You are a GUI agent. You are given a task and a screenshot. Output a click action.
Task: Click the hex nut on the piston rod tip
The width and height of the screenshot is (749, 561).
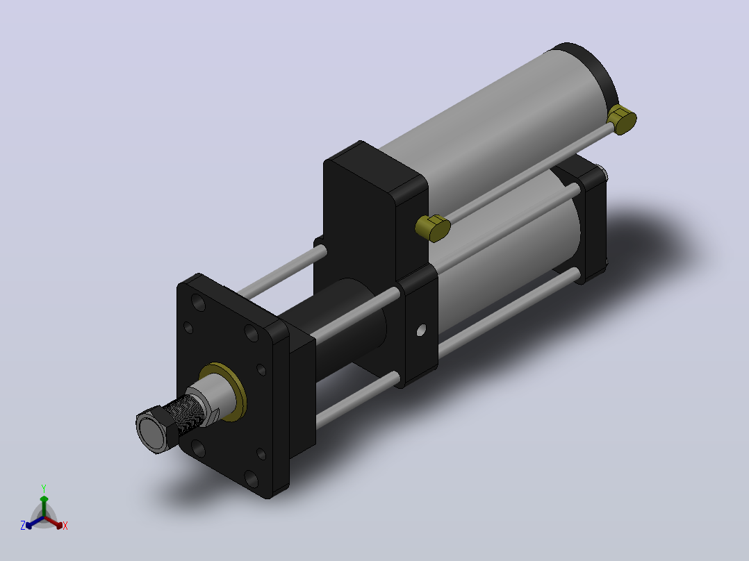coord(152,429)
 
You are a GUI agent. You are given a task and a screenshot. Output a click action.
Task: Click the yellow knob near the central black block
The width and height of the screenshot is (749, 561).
coord(433,228)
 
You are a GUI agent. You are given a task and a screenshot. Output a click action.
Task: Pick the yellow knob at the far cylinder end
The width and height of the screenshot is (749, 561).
coord(621,119)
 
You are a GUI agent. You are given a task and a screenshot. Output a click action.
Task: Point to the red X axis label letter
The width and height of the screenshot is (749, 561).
coord(65,526)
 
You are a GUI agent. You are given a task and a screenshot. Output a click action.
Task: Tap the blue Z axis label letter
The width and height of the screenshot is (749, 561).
coord(23,526)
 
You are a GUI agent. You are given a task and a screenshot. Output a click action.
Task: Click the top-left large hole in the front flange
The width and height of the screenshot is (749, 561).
coord(198,302)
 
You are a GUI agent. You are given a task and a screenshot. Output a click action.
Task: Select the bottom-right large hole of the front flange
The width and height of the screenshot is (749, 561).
coord(252,479)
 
